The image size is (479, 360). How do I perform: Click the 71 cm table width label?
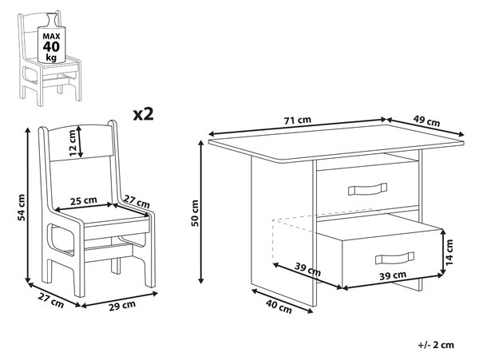click(298, 120)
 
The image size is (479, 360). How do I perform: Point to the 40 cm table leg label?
click(279, 307)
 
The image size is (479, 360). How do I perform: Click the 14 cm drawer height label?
click(449, 252)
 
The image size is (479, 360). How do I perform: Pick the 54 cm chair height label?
click(22, 207)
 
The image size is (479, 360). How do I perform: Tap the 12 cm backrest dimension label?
click(72, 143)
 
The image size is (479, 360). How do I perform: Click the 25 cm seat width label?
click(83, 200)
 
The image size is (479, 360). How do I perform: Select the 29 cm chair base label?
click(122, 306)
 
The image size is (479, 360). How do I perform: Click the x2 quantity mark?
click(143, 114)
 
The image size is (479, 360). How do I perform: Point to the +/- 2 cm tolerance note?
click(436, 345)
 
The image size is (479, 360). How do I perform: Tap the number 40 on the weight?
click(51, 47)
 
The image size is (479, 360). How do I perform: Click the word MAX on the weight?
click(51, 37)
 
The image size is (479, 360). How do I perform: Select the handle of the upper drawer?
click(367, 189)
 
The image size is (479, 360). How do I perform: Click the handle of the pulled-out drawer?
click(394, 258)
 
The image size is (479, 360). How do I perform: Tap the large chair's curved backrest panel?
click(80, 143)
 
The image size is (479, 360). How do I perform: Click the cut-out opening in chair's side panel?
click(62, 239)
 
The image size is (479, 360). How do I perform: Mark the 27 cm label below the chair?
click(51, 300)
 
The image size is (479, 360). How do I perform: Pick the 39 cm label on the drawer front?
click(393, 275)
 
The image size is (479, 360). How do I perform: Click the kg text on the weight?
click(51, 57)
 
